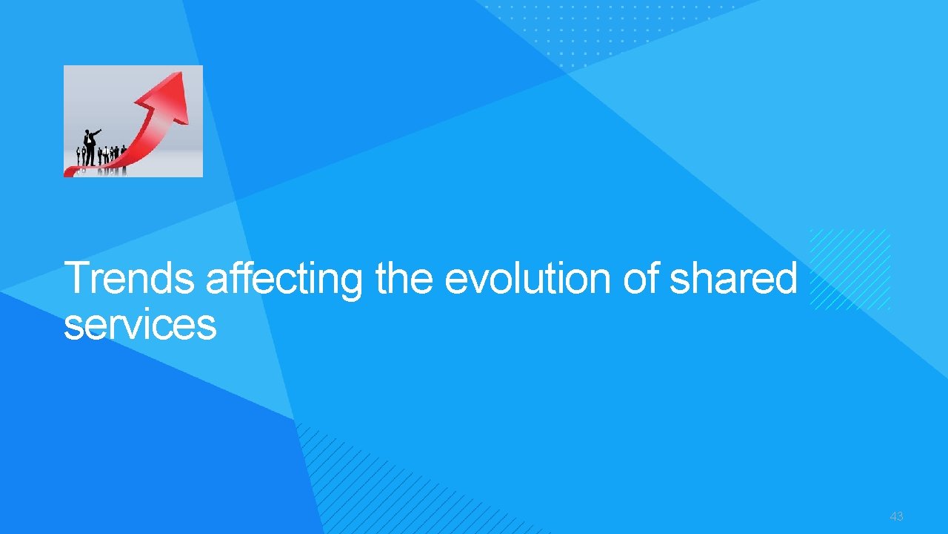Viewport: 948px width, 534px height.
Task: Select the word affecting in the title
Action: pos(284,280)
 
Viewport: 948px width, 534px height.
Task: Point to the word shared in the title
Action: pos(732,280)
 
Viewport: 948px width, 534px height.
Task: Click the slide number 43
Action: pos(896,516)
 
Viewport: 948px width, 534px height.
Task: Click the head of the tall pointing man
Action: pos(87,132)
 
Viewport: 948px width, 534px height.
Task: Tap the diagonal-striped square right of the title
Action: pos(849,268)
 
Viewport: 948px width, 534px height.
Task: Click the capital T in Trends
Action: pos(75,280)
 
